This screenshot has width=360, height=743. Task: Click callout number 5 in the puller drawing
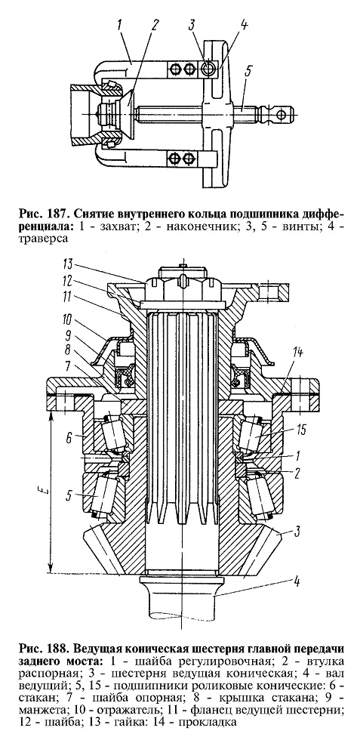tap(248, 72)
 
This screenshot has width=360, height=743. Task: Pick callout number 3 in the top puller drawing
tap(192, 26)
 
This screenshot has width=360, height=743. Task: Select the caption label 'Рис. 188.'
tap(42, 647)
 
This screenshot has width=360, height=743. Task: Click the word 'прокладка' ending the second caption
tap(213, 723)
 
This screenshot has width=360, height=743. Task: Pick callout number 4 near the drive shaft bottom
tap(296, 581)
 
